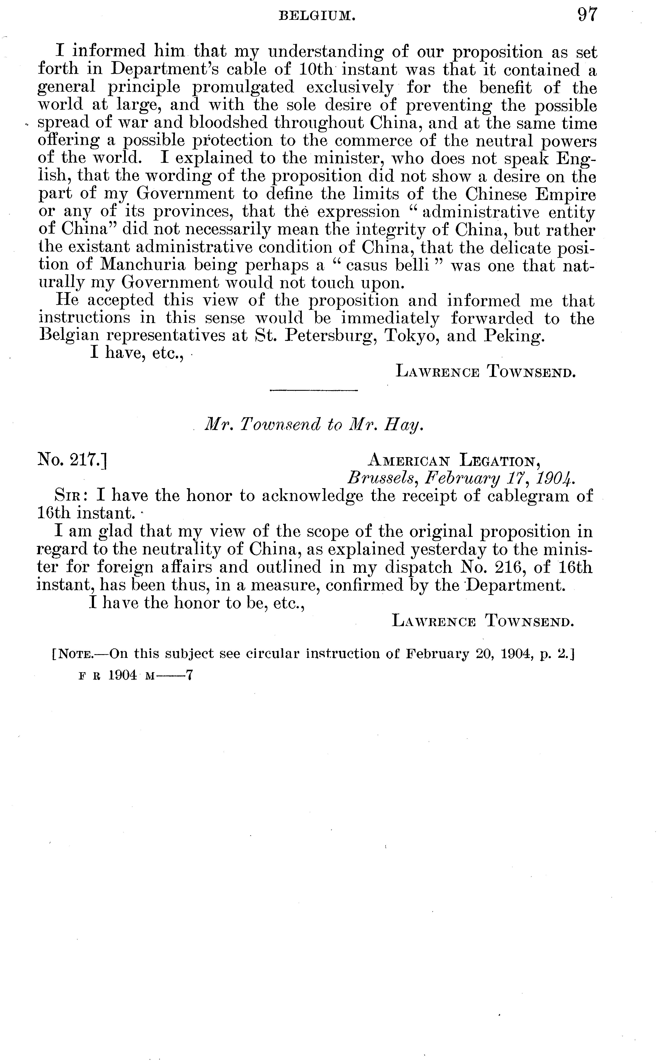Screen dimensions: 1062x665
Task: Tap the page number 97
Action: pos(588,14)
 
